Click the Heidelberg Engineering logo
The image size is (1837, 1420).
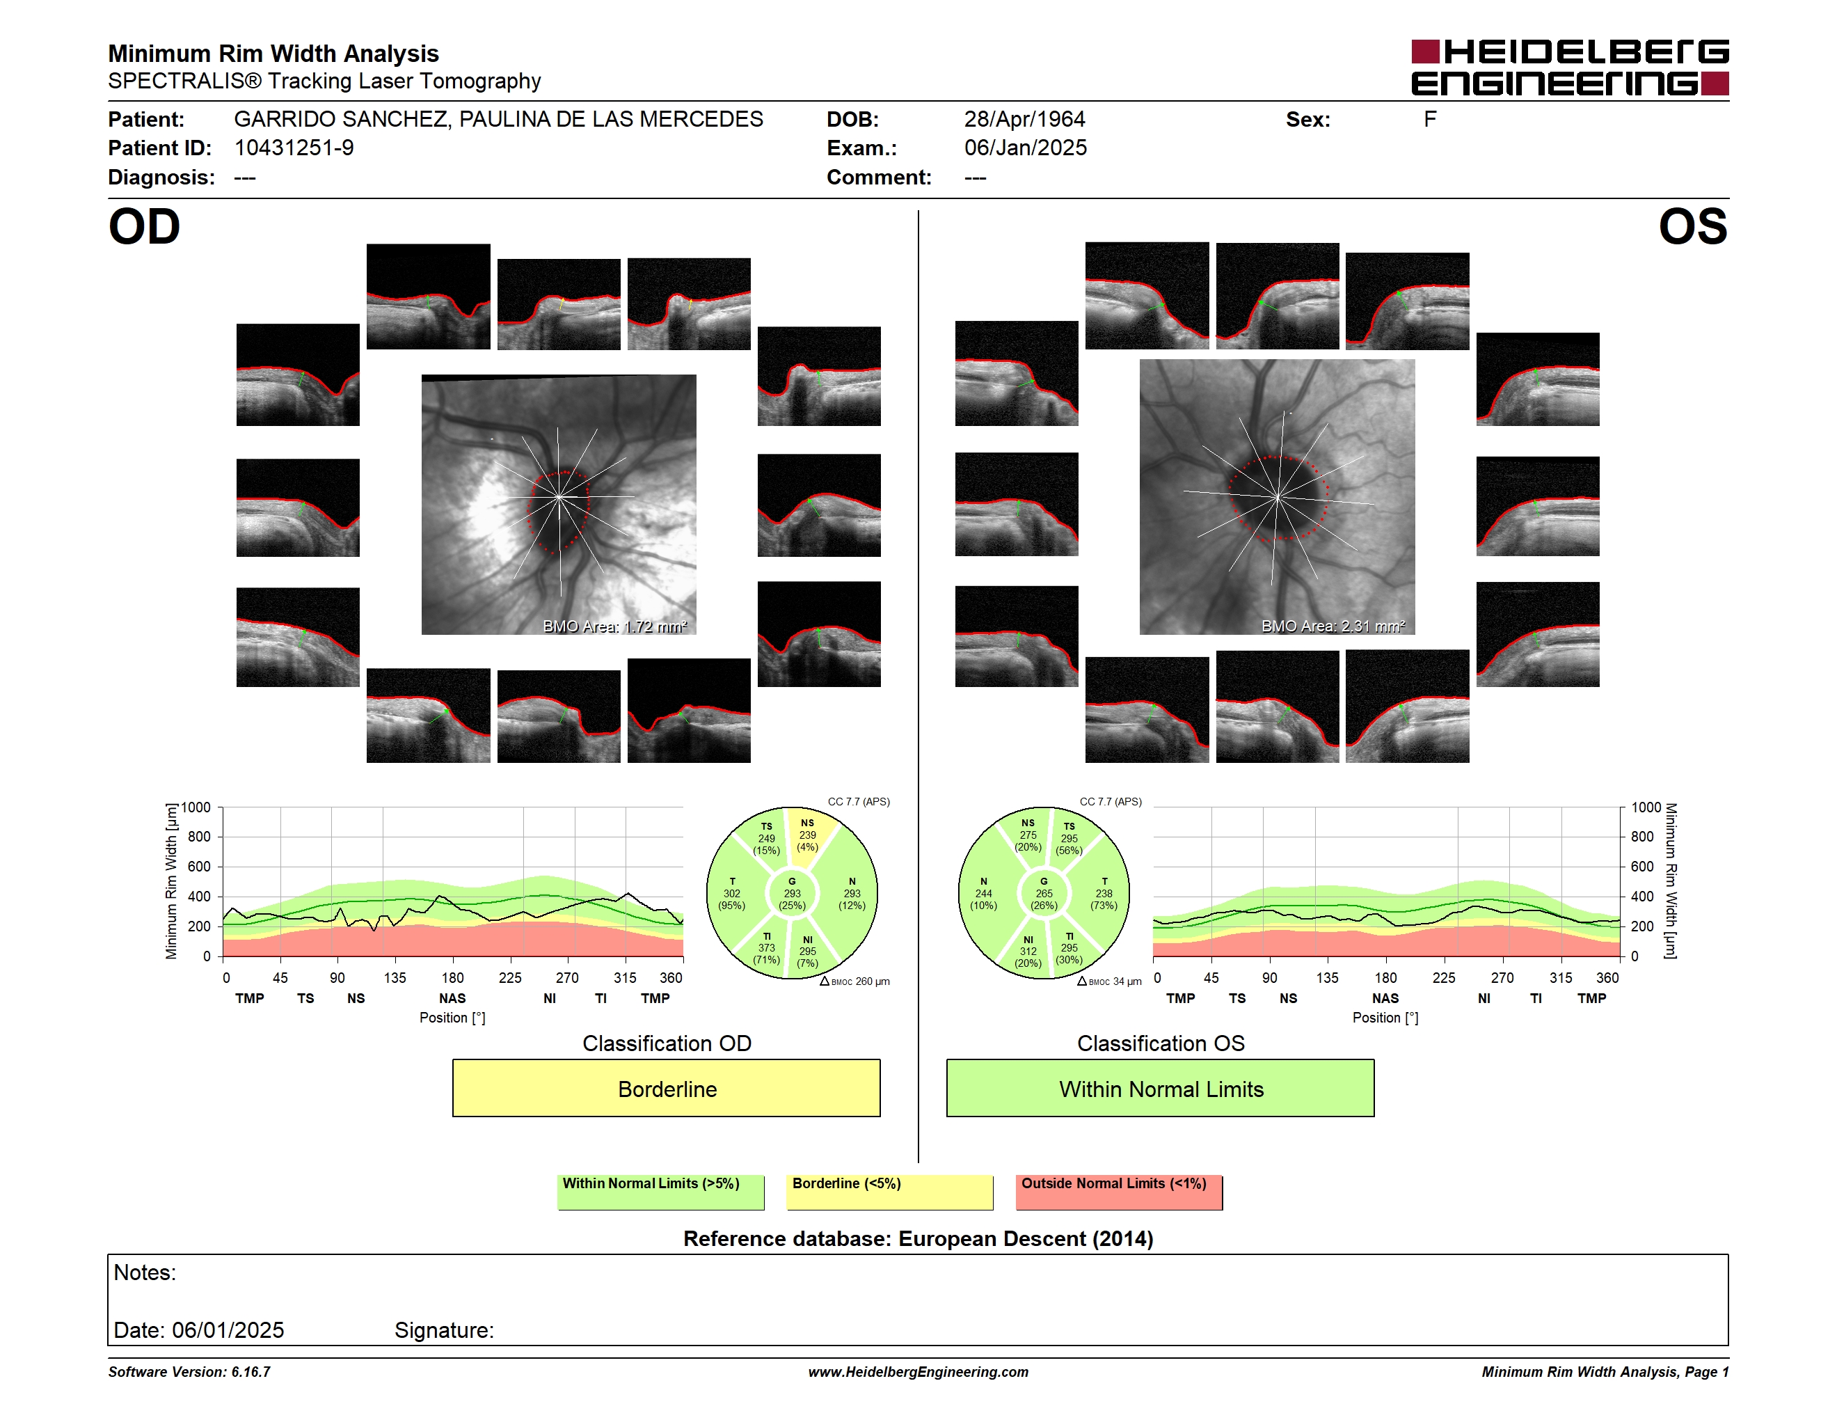[x=1570, y=68]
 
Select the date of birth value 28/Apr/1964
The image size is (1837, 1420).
[x=1024, y=120]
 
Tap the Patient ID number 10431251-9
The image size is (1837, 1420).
[x=294, y=148]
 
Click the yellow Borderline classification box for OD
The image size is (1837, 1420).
[x=666, y=1088]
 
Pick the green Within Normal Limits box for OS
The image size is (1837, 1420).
[x=1160, y=1088]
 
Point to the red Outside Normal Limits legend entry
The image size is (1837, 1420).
[x=1119, y=1192]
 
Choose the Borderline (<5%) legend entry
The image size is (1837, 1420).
[x=889, y=1192]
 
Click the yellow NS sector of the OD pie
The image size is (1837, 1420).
[x=809, y=837]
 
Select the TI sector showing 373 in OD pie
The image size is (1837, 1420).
[x=766, y=947]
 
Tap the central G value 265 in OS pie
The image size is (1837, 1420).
[x=1044, y=893]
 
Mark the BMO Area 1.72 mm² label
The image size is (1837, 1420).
[x=615, y=626]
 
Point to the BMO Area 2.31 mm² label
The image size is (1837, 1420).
[x=1333, y=626]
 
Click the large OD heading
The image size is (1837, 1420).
[x=144, y=227]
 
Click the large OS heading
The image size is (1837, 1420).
[x=1692, y=227]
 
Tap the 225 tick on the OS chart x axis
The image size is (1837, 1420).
[x=1443, y=977]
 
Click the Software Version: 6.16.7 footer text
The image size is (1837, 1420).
[x=189, y=1372]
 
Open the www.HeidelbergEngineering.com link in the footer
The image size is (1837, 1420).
[x=918, y=1372]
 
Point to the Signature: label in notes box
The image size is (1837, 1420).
[x=444, y=1330]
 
